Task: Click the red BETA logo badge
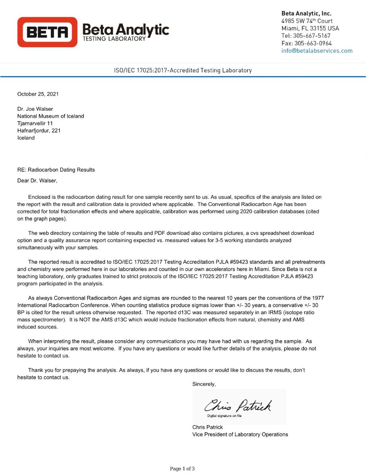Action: (47, 32)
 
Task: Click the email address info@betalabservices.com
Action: (316, 51)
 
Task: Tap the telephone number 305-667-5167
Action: (311, 36)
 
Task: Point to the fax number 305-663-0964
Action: (312, 43)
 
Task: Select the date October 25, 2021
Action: (38, 94)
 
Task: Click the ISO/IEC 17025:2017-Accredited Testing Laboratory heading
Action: (183, 70)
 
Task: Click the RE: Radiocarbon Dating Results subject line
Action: (56, 170)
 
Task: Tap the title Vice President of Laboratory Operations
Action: (240, 434)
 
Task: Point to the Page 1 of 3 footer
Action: (182, 469)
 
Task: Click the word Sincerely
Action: (204, 384)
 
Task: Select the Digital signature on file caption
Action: (224, 416)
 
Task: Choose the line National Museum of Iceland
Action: (50, 116)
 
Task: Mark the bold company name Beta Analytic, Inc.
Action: (306, 13)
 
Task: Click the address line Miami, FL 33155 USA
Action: (310, 28)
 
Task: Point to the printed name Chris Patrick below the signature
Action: (207, 427)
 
